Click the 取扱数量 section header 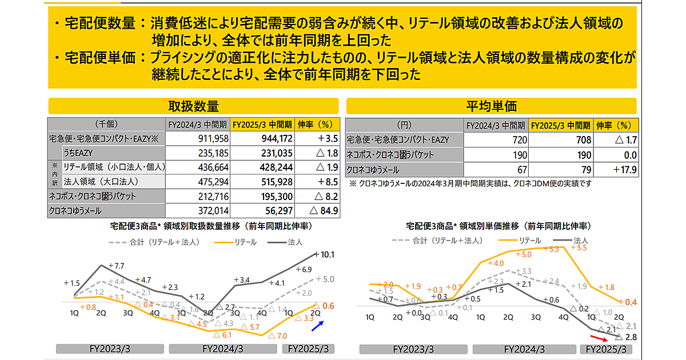pos(194,106)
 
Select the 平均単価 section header pos(491,106)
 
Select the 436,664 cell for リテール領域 pos(213,167)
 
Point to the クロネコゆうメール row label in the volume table pos(78,210)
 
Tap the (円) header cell pos(404,125)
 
